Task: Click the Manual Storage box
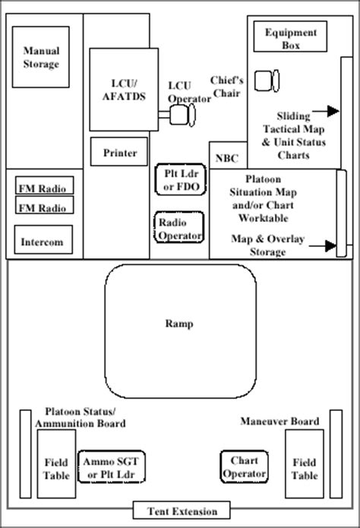coord(41,57)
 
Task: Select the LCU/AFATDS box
coord(124,90)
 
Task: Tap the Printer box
coord(119,151)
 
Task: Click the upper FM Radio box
coord(45,185)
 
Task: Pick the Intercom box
coord(43,239)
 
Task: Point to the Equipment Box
coord(290,36)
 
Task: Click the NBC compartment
coord(228,156)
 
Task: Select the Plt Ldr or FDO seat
coord(181,179)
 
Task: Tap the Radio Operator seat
coord(179,227)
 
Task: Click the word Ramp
coord(179,324)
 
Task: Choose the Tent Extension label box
coord(182,511)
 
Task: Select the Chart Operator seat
coord(245,466)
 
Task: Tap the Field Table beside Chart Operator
coord(305,463)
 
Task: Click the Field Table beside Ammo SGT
coord(56,463)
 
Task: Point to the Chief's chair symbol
coord(267,81)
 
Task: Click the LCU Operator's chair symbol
coord(182,115)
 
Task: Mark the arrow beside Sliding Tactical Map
coord(326,111)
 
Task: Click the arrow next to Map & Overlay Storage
coord(323,246)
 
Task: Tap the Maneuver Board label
coord(279,421)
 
